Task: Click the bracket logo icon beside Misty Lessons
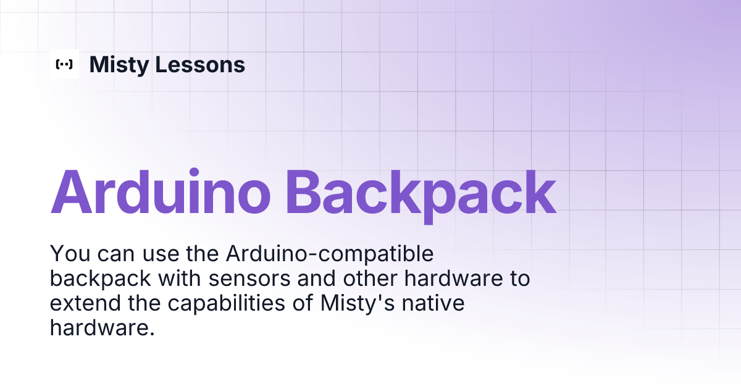(x=64, y=64)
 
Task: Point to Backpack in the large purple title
(x=421, y=192)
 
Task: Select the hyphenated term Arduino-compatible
(x=330, y=254)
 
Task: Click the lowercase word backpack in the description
(x=100, y=279)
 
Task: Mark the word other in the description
(x=367, y=279)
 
